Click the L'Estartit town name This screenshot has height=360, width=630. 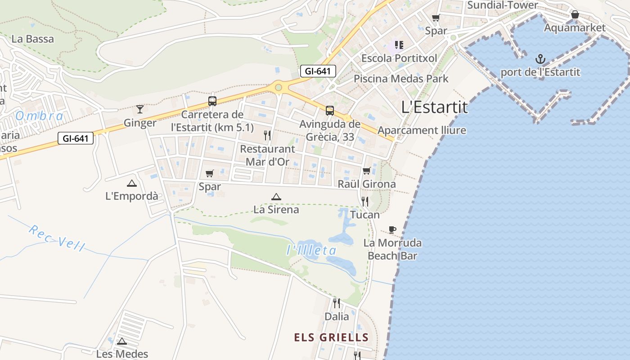coord(434,107)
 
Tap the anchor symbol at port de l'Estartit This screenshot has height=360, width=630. coord(540,59)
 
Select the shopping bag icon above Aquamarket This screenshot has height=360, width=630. coord(575,14)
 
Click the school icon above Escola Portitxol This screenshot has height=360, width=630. coord(399,45)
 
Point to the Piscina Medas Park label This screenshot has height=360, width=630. coord(401,79)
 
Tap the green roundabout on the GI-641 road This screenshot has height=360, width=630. coord(279,87)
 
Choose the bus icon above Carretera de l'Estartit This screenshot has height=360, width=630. coord(212,101)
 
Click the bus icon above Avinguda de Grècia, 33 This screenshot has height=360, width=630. coord(330,110)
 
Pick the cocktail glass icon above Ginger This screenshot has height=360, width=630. coord(140,109)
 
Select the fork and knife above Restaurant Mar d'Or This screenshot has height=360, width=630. coord(267,135)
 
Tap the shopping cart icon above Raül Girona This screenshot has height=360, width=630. coord(367,171)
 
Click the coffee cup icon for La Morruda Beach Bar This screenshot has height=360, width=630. coord(392,229)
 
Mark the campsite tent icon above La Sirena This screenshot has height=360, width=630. coord(276,196)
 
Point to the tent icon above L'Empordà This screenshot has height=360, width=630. coord(131,183)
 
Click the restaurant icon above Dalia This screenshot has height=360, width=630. coord(336,303)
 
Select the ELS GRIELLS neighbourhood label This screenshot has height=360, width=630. coord(331,337)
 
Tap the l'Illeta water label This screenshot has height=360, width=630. coord(311,250)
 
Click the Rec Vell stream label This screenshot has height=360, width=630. coord(57,237)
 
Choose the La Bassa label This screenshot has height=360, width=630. coord(32,39)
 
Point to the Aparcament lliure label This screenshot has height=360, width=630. coord(422,130)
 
